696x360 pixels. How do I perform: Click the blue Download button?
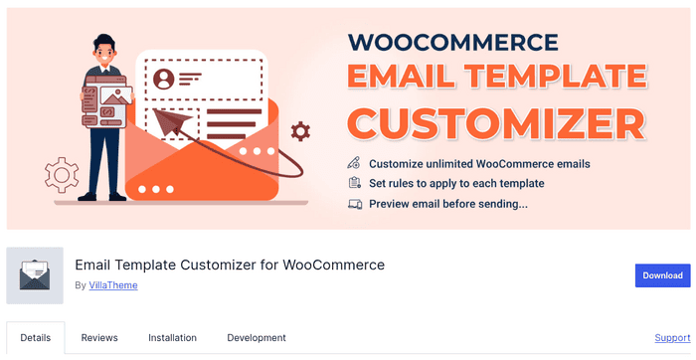coord(662,275)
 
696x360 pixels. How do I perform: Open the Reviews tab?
coord(99,338)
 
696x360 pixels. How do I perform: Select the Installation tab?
coord(172,338)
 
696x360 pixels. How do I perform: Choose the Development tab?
coord(257,338)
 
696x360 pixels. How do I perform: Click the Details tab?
coord(36,338)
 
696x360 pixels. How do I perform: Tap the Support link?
coord(672,338)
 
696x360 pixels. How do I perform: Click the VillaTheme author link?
coord(112,285)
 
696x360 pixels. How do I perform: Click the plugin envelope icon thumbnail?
coord(35,275)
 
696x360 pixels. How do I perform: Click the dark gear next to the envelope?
coord(300,131)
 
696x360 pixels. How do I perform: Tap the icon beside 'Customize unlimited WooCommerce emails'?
coord(354,163)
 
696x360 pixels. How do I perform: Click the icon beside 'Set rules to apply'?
coord(354,183)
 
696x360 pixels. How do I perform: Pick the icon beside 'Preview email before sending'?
coord(354,204)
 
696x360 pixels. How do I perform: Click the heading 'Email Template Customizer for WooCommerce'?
coord(230,266)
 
